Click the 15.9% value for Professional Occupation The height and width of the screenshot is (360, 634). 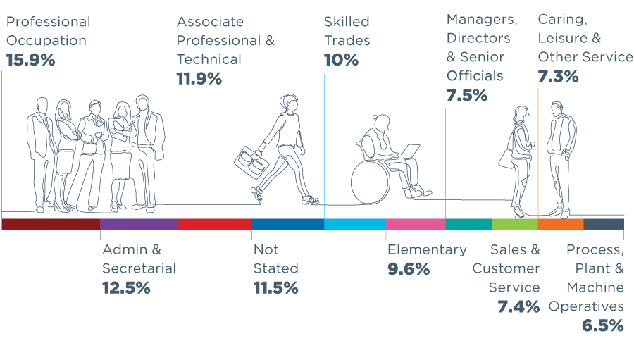click(x=30, y=60)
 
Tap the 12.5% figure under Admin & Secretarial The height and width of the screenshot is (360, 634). click(x=126, y=287)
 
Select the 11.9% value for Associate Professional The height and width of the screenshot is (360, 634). click(x=199, y=79)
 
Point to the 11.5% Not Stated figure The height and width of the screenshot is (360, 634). click(x=275, y=287)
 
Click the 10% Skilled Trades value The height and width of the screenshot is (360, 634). click(x=341, y=60)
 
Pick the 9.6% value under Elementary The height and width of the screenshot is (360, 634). click(x=409, y=268)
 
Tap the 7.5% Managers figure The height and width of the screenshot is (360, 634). click(x=466, y=95)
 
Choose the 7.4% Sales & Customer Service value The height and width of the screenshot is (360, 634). click(x=518, y=306)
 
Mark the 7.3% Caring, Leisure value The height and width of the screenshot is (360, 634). click(x=558, y=76)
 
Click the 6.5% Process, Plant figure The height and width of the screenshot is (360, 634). click(x=602, y=325)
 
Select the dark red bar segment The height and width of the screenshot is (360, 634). click(x=51, y=225)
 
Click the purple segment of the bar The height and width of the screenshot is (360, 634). click(x=139, y=225)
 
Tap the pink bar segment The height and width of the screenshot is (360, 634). click(x=416, y=225)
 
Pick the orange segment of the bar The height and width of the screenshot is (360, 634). click(x=561, y=225)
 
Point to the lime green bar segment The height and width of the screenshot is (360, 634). click(x=514, y=225)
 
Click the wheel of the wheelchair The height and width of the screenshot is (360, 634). click(x=370, y=180)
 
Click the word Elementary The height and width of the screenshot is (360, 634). click(x=427, y=249)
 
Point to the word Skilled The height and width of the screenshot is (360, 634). click(x=347, y=22)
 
